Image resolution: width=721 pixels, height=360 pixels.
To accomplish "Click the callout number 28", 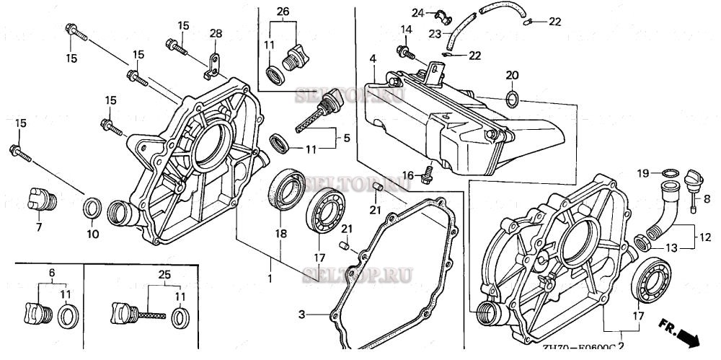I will point(216,35).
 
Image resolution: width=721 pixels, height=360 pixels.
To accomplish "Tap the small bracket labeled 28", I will point(211,63).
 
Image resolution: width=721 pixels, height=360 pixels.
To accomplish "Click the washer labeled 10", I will point(92,208).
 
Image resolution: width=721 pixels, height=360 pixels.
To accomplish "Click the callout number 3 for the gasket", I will point(302,314).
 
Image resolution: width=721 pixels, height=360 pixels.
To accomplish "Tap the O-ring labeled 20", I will point(513,98).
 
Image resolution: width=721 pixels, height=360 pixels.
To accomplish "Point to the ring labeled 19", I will point(670,172).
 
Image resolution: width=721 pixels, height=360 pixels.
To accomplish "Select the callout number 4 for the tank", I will point(372,58).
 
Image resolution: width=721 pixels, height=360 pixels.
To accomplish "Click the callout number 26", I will point(282,12).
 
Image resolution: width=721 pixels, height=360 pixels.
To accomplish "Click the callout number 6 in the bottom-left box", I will point(51,274).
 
